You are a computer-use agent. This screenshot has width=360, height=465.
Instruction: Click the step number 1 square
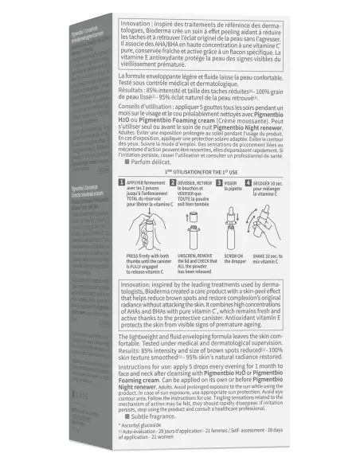pos(123,182)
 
